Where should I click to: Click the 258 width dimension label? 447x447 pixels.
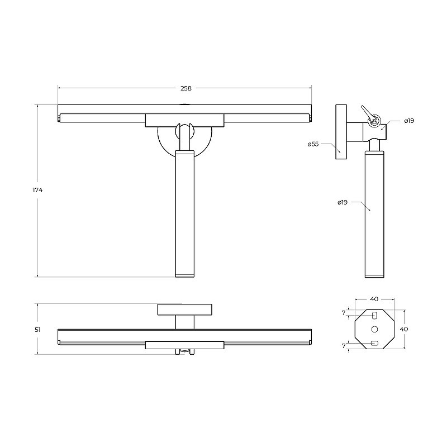186,88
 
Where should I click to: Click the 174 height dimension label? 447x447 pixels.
37,190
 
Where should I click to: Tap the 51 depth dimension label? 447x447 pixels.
37,330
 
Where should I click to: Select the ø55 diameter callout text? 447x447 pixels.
313,144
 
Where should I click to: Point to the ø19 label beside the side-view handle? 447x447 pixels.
343,202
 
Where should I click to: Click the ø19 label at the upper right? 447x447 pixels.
409,121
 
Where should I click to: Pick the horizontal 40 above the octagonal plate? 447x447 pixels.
374,299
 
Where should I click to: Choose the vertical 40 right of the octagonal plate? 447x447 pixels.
403,329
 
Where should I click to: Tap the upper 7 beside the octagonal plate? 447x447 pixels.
344,313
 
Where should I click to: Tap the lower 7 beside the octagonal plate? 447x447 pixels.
344,346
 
